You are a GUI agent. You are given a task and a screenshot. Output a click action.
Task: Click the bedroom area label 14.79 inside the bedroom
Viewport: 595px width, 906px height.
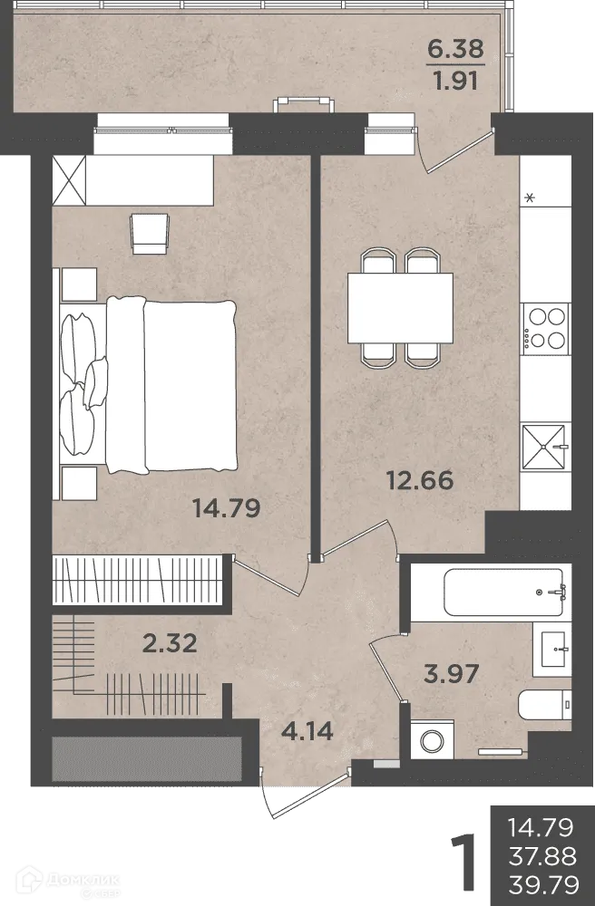(x=226, y=508)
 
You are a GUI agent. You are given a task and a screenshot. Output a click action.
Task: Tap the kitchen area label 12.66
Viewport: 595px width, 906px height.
(x=420, y=480)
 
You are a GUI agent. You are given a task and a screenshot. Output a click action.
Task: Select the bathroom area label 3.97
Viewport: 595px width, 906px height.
(x=451, y=674)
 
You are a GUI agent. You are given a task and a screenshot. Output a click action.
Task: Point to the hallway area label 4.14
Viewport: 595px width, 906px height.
(x=307, y=731)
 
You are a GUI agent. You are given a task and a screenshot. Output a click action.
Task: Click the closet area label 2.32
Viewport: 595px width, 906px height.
(x=170, y=643)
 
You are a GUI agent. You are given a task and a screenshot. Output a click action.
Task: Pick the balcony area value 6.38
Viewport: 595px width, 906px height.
(x=455, y=49)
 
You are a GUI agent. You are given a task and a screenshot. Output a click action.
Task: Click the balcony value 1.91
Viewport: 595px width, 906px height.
(x=456, y=81)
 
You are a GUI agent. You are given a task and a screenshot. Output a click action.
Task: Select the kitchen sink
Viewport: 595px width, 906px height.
(x=544, y=448)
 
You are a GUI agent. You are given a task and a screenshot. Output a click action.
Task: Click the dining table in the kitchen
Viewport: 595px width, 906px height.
(x=400, y=308)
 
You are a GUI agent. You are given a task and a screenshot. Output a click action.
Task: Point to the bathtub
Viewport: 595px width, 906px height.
(x=503, y=593)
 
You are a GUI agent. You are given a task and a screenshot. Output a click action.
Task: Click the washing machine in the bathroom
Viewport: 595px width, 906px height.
(x=432, y=739)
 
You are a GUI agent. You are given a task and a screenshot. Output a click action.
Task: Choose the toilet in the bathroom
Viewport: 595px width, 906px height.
(x=544, y=704)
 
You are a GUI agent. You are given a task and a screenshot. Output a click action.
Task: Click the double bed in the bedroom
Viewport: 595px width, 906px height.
(x=149, y=385)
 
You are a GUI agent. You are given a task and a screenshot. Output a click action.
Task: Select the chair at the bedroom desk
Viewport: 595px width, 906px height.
(x=150, y=234)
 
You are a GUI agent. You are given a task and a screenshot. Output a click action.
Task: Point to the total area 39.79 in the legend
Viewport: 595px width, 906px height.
(x=543, y=884)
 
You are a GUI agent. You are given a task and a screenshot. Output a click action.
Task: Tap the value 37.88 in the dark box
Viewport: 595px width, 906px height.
(x=542, y=856)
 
